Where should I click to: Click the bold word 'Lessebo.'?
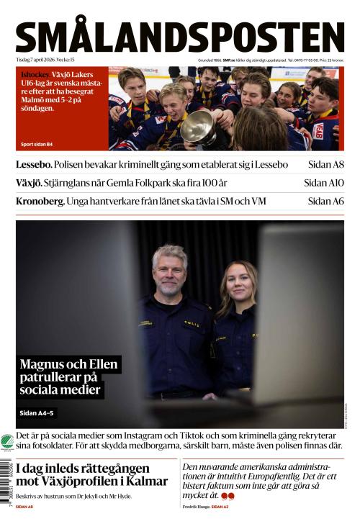coord(33,165)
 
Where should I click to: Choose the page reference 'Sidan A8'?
coord(325,165)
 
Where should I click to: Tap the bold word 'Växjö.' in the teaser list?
coord(31,183)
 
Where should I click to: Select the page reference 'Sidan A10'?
coord(324,183)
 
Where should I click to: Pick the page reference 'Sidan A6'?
coord(325,202)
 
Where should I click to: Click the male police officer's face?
coord(171,266)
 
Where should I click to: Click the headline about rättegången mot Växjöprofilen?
coord(91,474)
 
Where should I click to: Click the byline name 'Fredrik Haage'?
coord(196,507)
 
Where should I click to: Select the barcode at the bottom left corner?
coord(6,482)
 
